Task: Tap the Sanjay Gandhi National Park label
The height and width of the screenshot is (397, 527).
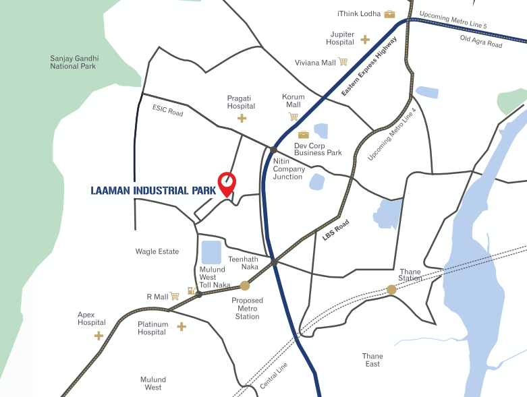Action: coord(73,62)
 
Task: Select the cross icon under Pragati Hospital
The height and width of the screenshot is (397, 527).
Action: coord(242,119)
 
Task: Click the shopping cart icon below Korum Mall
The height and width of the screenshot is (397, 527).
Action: coord(294,117)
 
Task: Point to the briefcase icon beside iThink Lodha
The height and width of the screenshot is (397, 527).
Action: coord(389,14)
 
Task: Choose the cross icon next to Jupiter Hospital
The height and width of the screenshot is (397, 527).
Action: coord(365,39)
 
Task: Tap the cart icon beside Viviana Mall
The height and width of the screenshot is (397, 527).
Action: coord(343,62)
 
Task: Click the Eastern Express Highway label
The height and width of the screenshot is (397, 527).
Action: coord(369,66)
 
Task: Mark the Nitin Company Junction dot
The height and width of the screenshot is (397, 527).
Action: coord(274,150)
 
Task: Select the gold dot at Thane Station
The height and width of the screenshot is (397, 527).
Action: coord(391,290)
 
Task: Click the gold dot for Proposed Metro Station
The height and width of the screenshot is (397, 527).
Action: coord(245,286)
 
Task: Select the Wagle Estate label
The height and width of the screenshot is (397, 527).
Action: coord(157,251)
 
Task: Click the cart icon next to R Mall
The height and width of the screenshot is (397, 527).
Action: coord(175,296)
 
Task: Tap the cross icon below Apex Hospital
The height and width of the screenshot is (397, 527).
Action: coord(99,335)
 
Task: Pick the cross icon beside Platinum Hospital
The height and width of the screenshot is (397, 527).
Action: coord(182,327)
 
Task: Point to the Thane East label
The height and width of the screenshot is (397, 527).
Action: coord(372,360)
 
